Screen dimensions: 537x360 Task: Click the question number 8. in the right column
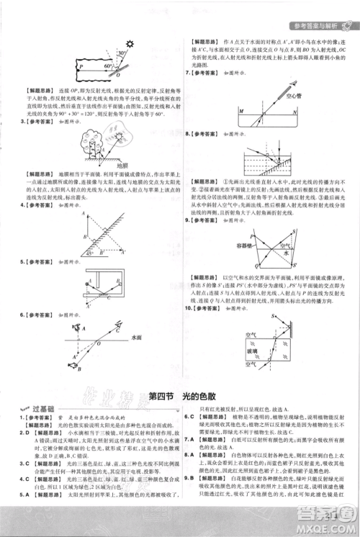188,135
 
